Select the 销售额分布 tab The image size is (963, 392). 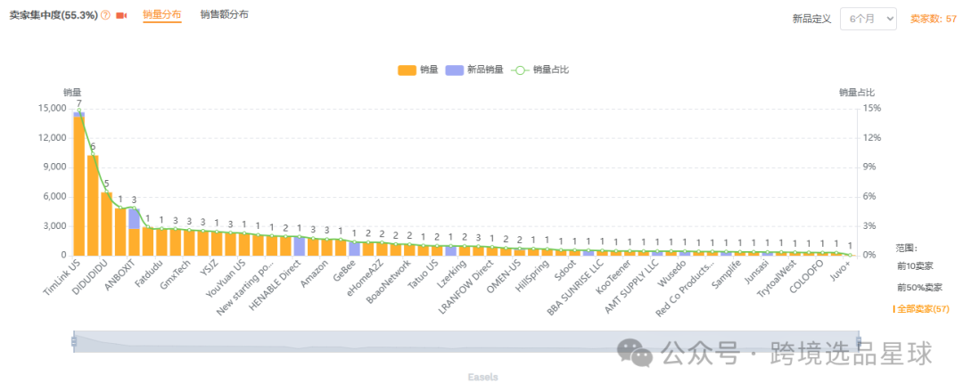224,15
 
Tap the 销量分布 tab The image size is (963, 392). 161,15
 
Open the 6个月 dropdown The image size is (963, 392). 868,19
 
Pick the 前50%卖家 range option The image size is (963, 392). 919,287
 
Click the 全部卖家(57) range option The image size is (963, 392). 922,308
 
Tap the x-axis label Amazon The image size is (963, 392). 314,271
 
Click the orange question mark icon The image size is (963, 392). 105,16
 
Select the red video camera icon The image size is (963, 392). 121,16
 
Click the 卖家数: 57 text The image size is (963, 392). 933,19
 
